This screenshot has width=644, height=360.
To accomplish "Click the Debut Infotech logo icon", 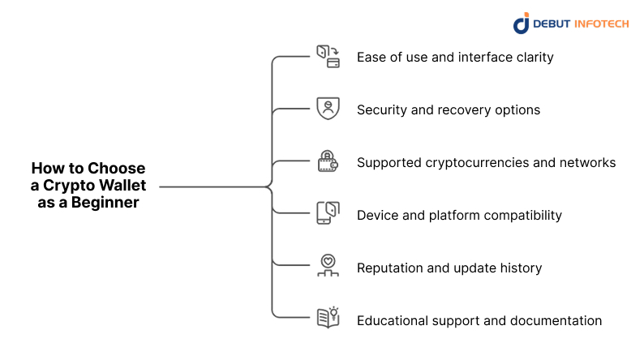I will click(521, 23).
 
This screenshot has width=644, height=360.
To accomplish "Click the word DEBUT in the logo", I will click(552, 24).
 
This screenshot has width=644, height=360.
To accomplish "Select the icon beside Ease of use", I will click(328, 57).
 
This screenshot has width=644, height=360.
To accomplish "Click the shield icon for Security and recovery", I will click(328, 109).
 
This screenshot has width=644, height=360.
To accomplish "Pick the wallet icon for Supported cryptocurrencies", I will click(328, 161).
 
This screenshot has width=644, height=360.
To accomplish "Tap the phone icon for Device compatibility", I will click(328, 214).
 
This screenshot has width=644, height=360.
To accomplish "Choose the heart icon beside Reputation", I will click(328, 266).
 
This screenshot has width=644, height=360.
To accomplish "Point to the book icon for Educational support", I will click(328, 318).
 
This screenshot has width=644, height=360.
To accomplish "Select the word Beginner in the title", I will click(106, 203).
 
